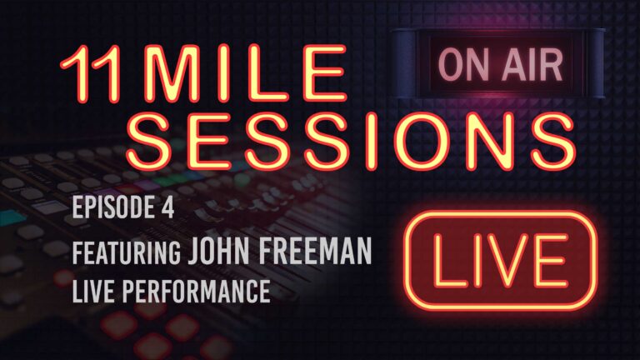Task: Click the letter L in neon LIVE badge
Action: tap(442, 260)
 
